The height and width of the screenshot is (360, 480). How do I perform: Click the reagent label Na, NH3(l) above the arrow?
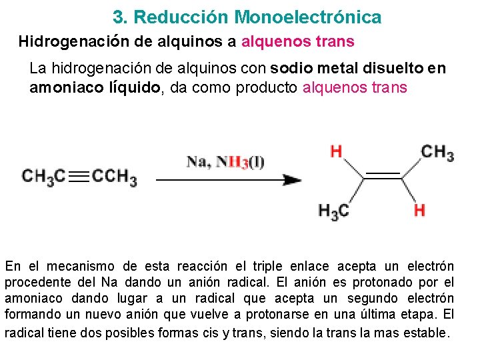pos(225,162)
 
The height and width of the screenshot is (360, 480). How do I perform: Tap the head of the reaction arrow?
pos(293,179)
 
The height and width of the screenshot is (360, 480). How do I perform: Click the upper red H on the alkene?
pos(336,151)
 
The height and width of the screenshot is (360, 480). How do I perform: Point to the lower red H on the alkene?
pos(419,211)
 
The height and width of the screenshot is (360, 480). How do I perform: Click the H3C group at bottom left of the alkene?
pos(334,211)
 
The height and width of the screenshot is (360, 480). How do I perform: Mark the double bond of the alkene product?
pos(382,176)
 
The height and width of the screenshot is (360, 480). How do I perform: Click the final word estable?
pos(427,331)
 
